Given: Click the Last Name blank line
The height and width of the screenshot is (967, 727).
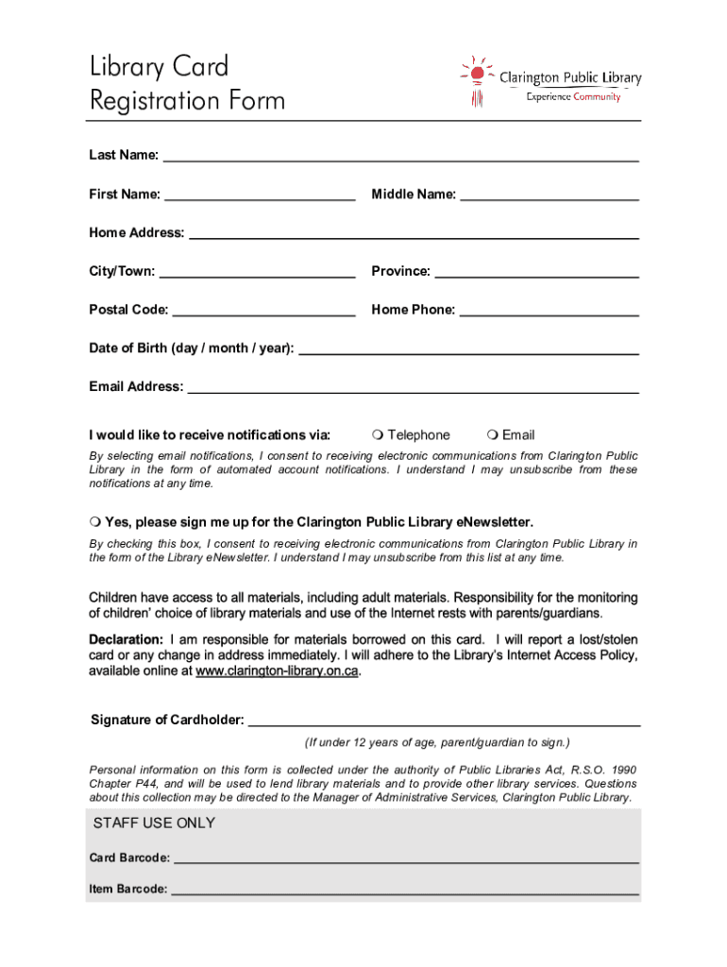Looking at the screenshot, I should click(401, 158).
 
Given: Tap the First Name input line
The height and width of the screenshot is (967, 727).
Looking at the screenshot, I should click(260, 196).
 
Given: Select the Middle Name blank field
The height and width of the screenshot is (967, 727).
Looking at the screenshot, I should click(549, 196).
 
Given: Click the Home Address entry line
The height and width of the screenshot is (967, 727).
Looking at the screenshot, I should click(414, 235).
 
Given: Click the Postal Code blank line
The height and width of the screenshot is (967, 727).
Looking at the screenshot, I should click(264, 312).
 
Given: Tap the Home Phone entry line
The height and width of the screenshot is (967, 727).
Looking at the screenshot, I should click(549, 312).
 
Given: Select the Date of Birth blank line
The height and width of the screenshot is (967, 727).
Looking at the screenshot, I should click(468, 350).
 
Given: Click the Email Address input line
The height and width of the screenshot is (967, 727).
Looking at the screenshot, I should click(413, 388).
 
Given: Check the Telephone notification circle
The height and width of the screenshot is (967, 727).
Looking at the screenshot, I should click(377, 435).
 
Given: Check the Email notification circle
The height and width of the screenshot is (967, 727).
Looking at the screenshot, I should click(492, 435).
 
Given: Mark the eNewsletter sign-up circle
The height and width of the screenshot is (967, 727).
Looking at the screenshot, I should click(94, 522).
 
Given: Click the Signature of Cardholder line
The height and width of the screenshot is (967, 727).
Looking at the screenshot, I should click(444, 722).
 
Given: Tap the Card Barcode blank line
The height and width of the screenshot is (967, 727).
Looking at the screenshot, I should click(407, 860).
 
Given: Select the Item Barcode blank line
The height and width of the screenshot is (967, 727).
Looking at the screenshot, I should click(405, 891).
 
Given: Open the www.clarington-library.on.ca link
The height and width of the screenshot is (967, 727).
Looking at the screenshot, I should click(277, 672).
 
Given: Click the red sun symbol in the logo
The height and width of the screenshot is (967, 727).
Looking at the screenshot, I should click(478, 73).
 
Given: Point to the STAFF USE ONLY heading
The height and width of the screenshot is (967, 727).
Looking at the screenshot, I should click(154, 823).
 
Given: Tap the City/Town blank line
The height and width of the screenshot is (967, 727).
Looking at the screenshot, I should click(257, 274).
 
